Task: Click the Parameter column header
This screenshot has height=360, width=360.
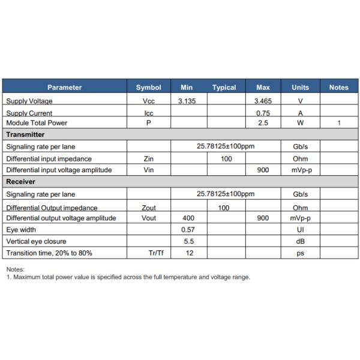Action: pyautogui.click(x=64, y=88)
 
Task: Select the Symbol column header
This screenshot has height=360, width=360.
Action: pyautogui.click(x=149, y=88)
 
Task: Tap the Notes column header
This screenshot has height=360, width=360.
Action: pyautogui.click(x=338, y=88)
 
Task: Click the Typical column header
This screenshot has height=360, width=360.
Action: pyautogui.click(x=224, y=88)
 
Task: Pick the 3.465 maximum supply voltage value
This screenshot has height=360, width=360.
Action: pyautogui.click(x=263, y=101)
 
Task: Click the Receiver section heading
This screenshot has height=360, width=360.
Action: pyautogui.click(x=21, y=181)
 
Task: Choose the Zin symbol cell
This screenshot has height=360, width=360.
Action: pyautogui.click(x=149, y=159)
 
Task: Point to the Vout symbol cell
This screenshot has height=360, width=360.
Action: pyautogui.click(x=149, y=218)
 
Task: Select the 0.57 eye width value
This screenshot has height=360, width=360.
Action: pyautogui.click(x=189, y=229)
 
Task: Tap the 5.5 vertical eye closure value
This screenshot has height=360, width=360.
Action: pyautogui.click(x=189, y=241)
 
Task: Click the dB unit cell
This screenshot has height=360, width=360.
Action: pyautogui.click(x=300, y=241)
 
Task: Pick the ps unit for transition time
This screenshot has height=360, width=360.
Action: pyautogui.click(x=300, y=253)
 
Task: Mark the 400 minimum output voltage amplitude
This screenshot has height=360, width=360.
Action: pyautogui.click(x=189, y=218)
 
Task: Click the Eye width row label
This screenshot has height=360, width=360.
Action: pyautogui.click(x=21, y=229)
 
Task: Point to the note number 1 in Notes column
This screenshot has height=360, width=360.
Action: pyautogui.click(x=338, y=123)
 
